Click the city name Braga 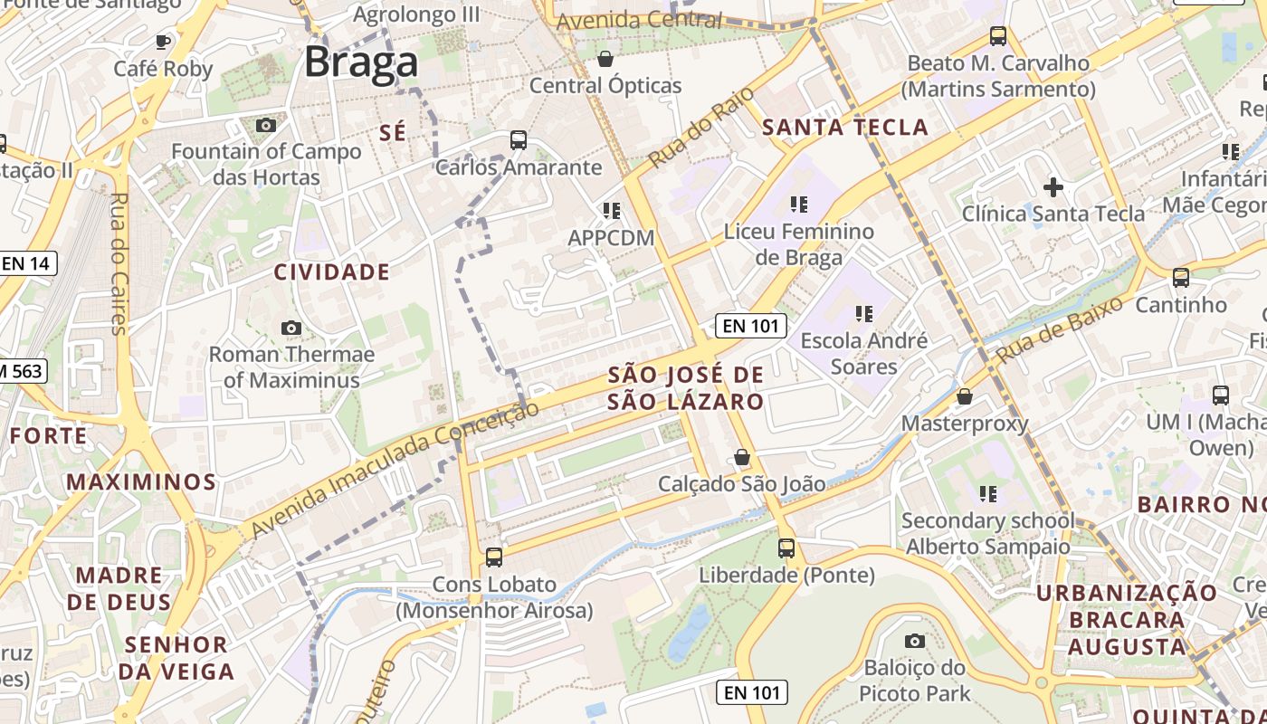click(360, 62)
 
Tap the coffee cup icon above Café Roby click(163, 42)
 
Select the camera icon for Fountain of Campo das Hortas click(265, 125)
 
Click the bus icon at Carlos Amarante click(518, 140)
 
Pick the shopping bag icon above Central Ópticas click(605, 59)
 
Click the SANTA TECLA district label click(845, 128)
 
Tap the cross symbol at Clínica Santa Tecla click(1053, 187)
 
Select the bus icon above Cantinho click(1180, 278)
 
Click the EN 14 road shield click(26, 264)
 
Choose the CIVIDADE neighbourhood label click(331, 272)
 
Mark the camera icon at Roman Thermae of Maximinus click(291, 328)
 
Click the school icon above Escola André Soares click(863, 314)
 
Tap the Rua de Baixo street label click(1060, 329)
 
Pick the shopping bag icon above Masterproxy click(965, 396)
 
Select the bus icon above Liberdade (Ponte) click(786, 548)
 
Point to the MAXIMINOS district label click(140, 481)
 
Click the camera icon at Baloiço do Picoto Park click(914, 641)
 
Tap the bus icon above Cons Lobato click(493, 557)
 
